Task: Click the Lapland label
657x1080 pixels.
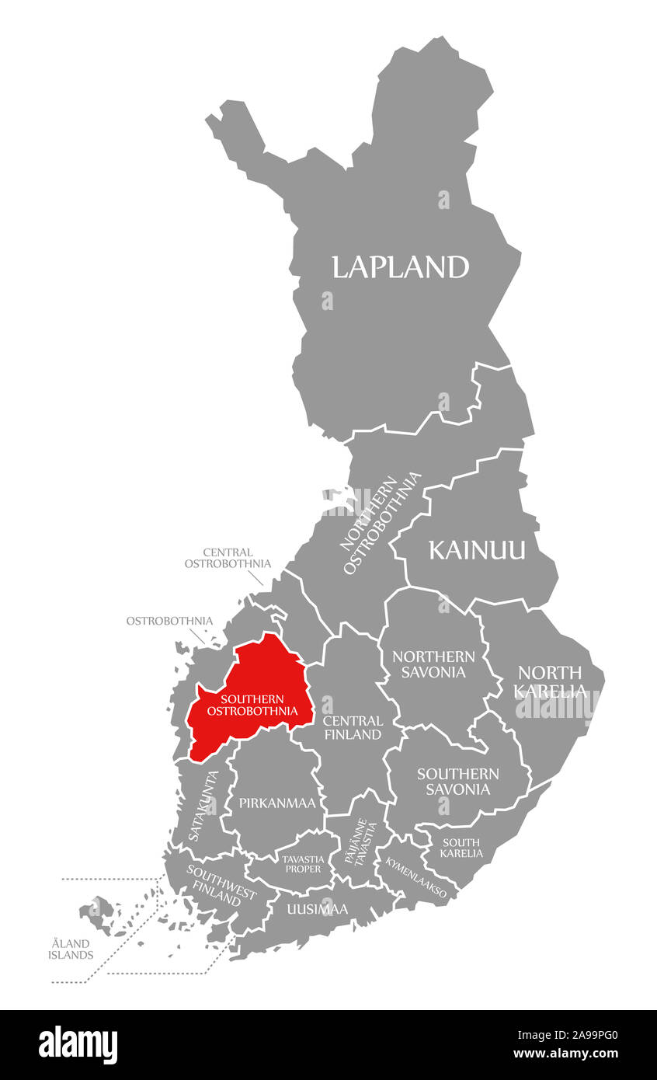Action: pos(400,267)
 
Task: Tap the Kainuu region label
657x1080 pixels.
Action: pos(477,550)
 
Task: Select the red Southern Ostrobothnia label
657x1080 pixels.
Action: pos(252,705)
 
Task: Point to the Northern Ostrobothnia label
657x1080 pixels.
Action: pos(381,524)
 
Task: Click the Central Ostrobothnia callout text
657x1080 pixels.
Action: pos(228,558)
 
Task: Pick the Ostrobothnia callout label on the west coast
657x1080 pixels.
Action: pos(169,621)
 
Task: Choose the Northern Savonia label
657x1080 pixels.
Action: pos(433,664)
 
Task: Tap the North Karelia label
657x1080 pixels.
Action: pos(550,681)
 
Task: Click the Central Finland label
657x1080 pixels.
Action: pos(353,727)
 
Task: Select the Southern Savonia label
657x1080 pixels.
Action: pos(457,781)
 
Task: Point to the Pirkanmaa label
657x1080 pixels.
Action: pos(277,803)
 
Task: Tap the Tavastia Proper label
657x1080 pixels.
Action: pos(302,863)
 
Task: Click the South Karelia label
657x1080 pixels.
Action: pos(461,848)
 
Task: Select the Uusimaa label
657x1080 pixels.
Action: pos(317,908)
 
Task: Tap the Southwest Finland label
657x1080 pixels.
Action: pos(221,883)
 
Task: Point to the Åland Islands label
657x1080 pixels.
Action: pos(71,949)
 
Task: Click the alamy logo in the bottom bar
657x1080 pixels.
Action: pos(78,1044)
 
